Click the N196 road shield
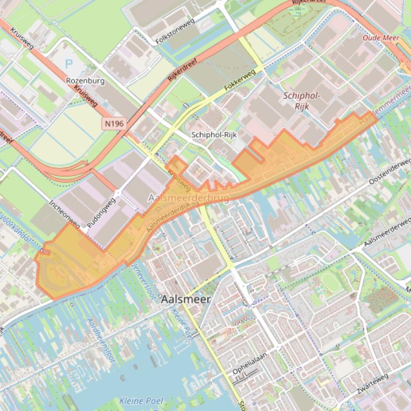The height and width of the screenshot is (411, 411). click(114, 124)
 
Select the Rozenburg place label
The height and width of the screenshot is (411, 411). click(85, 81)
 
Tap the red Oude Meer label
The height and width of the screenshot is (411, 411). click(380, 38)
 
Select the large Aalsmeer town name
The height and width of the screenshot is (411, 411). click(185, 299)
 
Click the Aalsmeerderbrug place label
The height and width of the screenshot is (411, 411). click(188, 199)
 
